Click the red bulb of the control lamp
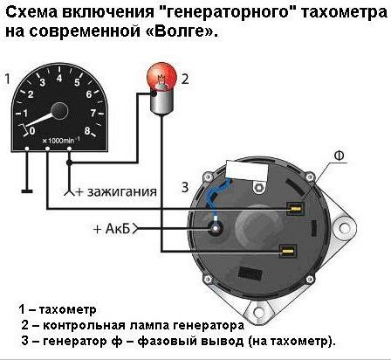tap(161, 80)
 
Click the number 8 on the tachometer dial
tap(89, 113)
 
